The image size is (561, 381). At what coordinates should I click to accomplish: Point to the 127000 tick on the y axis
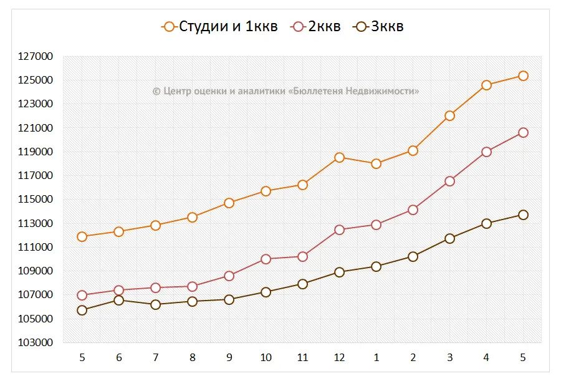tap(37, 57)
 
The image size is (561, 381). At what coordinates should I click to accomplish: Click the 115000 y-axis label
tap(37, 200)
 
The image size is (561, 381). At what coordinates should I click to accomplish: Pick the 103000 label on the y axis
tap(37, 343)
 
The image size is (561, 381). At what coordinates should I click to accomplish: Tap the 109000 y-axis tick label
tap(37, 271)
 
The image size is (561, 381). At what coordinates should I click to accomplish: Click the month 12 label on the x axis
tap(339, 357)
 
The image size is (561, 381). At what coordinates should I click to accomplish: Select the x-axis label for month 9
tap(229, 357)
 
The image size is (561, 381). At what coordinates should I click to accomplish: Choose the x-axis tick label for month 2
tap(413, 357)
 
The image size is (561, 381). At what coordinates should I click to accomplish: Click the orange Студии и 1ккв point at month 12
tap(339, 157)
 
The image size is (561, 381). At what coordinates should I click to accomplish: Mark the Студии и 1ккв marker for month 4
tap(486, 85)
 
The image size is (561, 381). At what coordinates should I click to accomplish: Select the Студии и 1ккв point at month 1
tap(376, 163)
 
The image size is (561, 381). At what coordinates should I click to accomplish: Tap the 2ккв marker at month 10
tap(266, 259)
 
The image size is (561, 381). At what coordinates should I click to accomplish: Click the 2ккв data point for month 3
tap(449, 181)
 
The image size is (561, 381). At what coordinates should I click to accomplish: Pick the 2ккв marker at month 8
tap(192, 286)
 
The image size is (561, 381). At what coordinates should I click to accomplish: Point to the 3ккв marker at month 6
tap(118, 300)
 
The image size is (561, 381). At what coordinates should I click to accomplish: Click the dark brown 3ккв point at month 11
tap(302, 284)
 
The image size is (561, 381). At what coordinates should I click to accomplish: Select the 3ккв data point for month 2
tap(413, 256)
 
